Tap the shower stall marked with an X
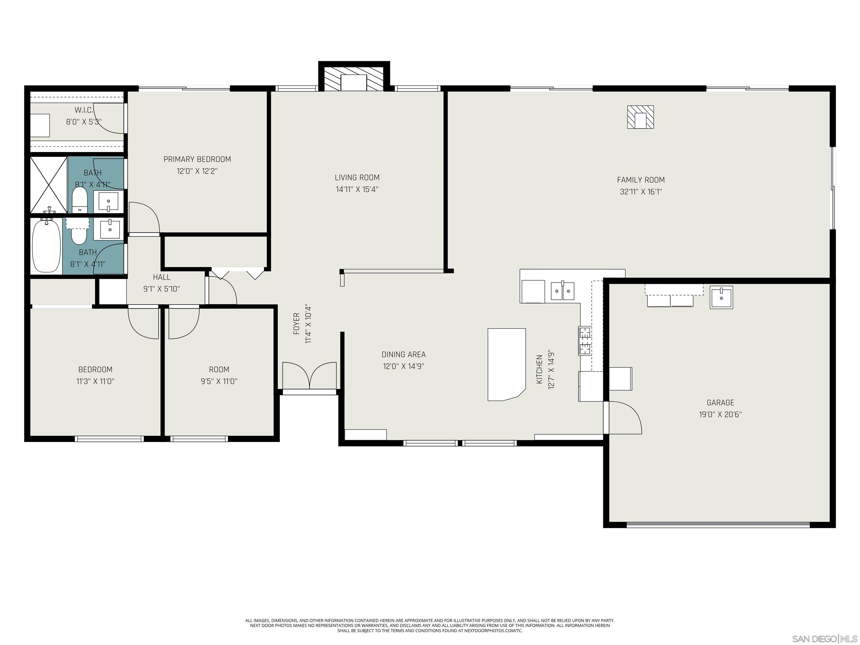49,185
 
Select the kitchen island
506,364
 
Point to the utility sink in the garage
721,297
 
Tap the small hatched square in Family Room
640,117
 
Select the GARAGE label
720,402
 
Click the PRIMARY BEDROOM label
197,159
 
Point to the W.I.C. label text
84,110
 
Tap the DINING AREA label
403,354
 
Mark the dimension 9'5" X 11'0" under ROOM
219,381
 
